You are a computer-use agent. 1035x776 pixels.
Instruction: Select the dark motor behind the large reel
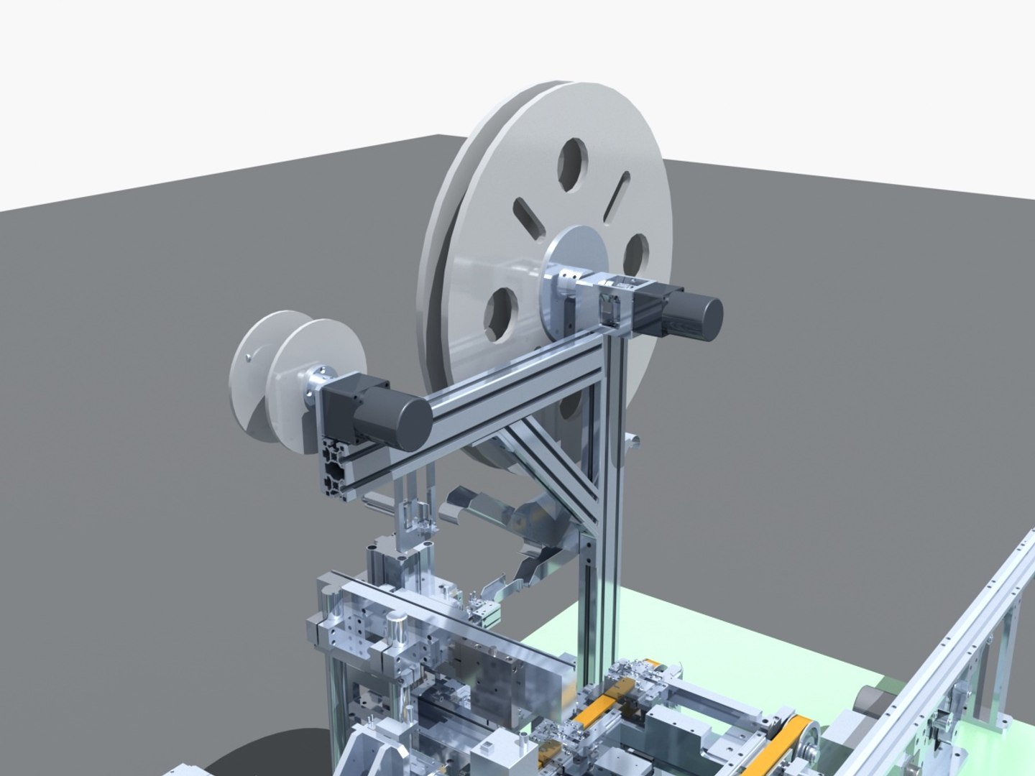(690, 313)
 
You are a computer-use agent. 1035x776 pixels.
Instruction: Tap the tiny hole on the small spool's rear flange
(247, 356)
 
